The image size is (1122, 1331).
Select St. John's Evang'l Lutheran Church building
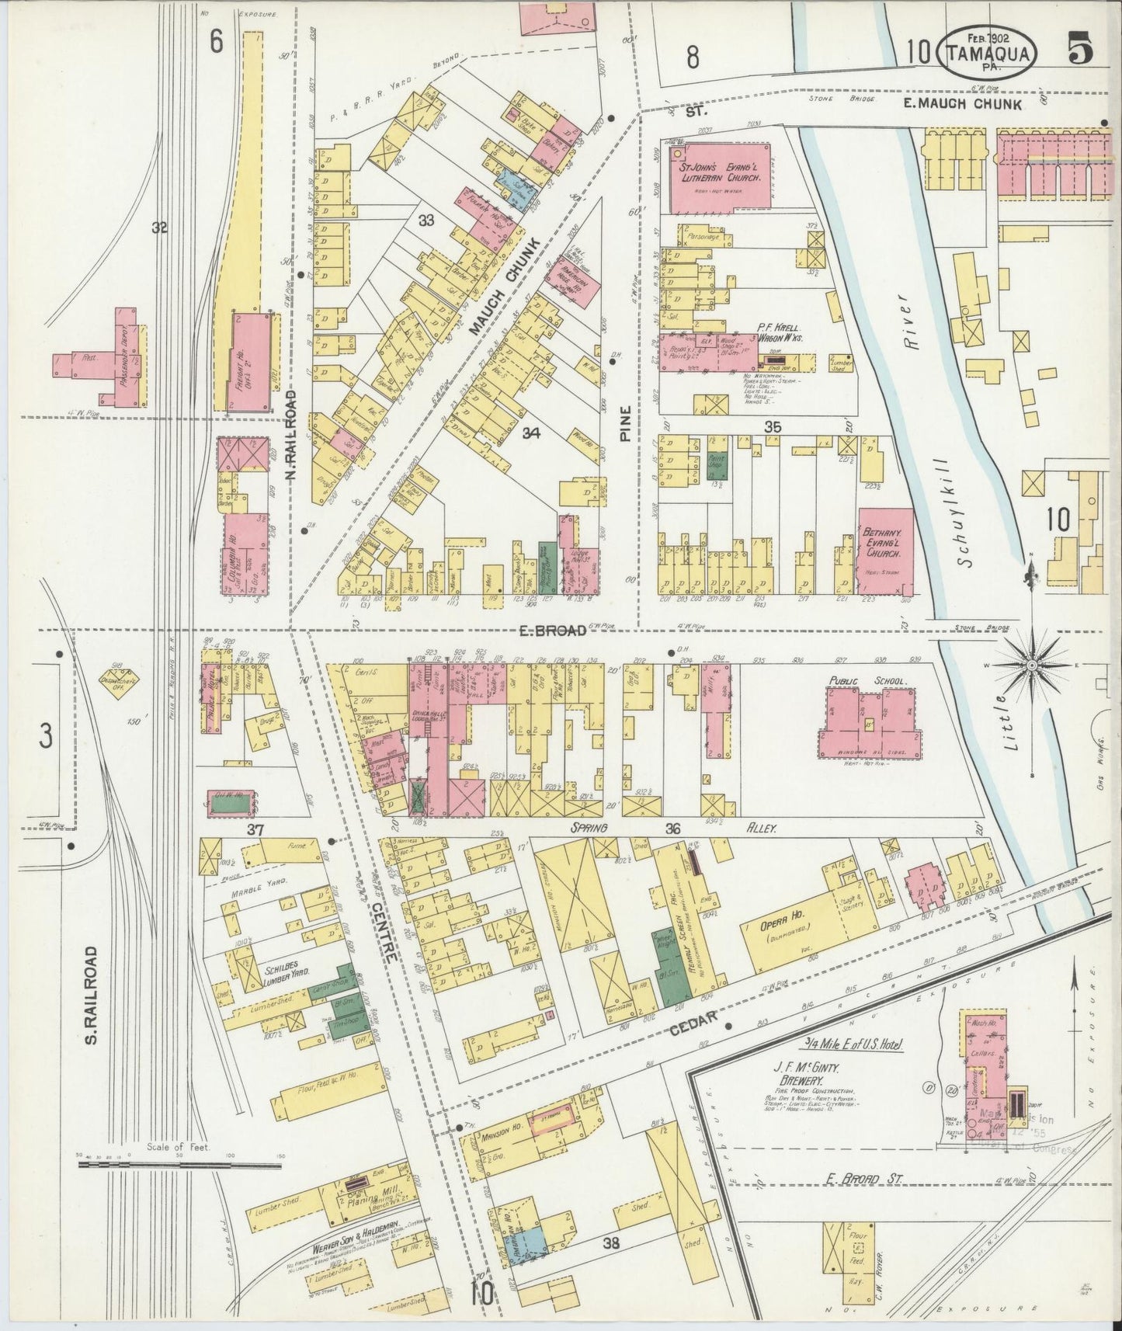click(719, 178)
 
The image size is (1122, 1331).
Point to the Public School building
click(868, 712)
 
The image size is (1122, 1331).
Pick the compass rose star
click(1032, 665)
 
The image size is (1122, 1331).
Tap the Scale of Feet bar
click(179, 1166)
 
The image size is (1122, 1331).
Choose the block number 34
click(531, 433)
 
